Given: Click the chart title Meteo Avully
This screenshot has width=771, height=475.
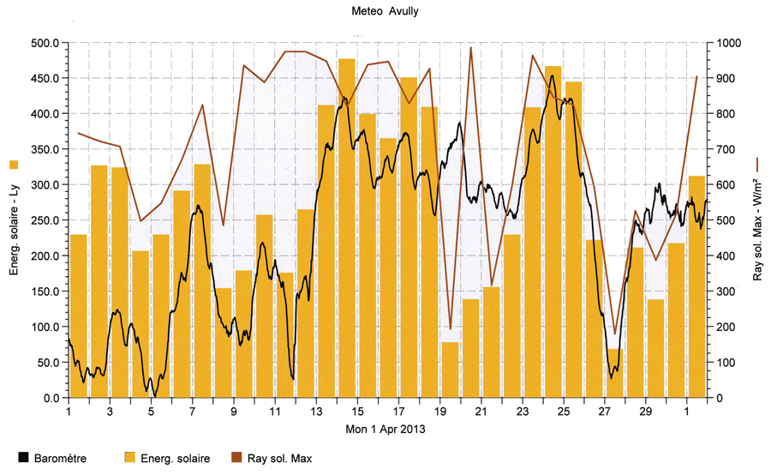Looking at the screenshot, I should tap(385, 12).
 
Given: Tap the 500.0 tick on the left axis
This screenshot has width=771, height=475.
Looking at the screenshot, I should tap(44, 43).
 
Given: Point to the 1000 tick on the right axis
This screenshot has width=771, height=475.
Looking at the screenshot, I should tap(729, 43).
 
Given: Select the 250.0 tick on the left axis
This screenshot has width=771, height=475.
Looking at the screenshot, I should tap(44, 220).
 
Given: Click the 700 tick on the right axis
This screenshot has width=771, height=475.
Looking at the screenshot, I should tap(726, 149).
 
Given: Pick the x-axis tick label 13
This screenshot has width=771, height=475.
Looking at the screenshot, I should tap(316, 411).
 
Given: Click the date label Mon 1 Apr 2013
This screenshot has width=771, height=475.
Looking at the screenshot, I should tap(385, 427).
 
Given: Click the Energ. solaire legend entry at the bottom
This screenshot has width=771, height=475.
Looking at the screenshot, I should tap(167, 459).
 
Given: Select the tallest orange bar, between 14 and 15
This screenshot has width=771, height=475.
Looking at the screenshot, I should tap(346, 231).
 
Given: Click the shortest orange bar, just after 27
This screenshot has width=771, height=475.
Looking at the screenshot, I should tap(614, 373).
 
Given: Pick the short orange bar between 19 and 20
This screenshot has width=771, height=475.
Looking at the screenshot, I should tap(450, 370).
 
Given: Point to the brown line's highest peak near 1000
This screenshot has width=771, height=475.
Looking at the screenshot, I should tap(470, 48).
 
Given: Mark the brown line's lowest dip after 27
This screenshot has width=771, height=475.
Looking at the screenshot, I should tap(614, 334).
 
